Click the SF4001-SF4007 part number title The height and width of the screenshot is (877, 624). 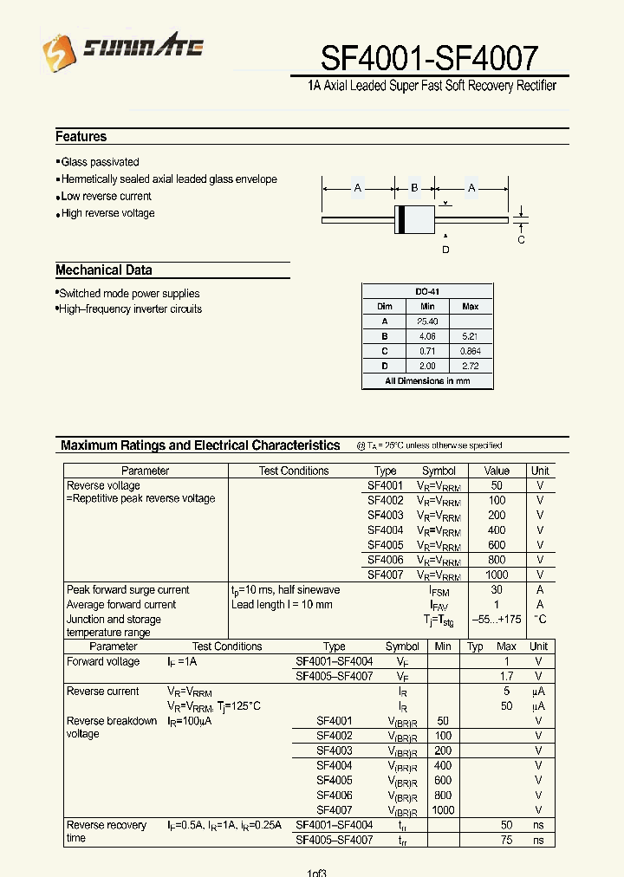click(430, 58)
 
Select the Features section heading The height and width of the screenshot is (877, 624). click(81, 137)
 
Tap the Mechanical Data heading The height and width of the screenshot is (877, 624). click(104, 270)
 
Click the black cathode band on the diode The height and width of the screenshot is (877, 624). click(401, 219)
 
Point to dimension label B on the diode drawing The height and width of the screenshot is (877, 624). click(414, 187)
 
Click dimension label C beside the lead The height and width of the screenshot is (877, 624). click(521, 240)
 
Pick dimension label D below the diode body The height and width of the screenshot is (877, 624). click(445, 250)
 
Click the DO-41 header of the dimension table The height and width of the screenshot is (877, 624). click(427, 292)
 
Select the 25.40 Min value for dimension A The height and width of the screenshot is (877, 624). click(427, 322)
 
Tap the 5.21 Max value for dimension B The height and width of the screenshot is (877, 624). click(471, 336)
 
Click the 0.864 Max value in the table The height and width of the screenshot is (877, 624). click(471, 351)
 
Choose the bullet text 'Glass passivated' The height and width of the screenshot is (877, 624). click(100, 162)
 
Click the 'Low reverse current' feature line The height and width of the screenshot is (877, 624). click(106, 197)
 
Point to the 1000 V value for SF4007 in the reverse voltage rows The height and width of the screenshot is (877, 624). click(497, 575)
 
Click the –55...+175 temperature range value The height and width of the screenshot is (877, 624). click(497, 620)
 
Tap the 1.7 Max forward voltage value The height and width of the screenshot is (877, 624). click(507, 676)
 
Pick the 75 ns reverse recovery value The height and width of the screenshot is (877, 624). click(507, 840)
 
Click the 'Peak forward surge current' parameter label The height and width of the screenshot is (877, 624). click(127, 590)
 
